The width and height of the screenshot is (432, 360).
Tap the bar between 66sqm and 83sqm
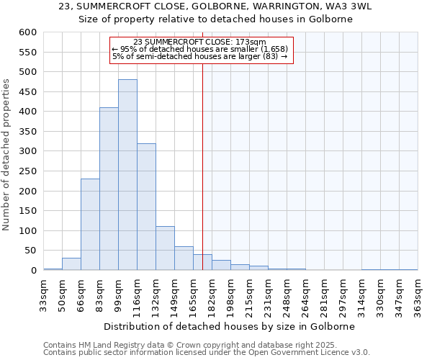(90, 225)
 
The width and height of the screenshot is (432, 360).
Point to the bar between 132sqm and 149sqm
(165, 248)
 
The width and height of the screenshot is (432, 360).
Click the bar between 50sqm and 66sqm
(71, 264)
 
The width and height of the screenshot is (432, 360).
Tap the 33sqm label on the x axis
(44, 294)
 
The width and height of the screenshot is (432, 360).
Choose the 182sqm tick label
(212, 294)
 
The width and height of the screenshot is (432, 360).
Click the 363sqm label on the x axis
(418, 294)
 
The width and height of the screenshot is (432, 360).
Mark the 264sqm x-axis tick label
(306, 294)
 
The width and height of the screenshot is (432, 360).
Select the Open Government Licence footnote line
(207, 353)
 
